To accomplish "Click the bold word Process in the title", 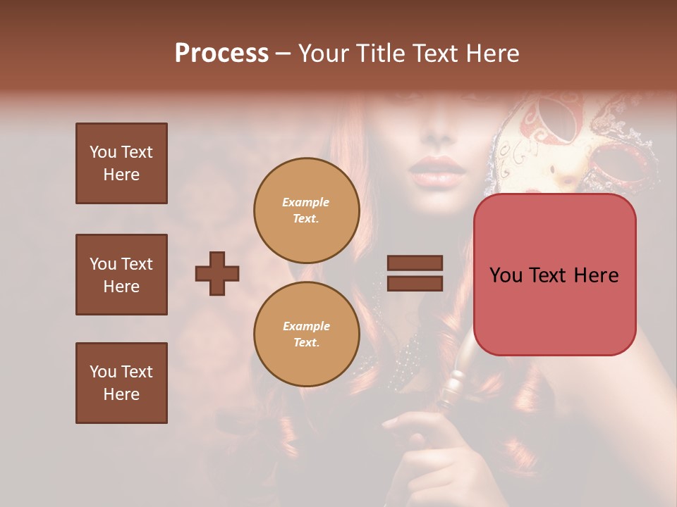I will click(221, 54).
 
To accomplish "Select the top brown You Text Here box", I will click(121, 163).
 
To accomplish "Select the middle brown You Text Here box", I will click(121, 275).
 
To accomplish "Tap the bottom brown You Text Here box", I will click(121, 383).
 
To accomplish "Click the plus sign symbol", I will click(217, 273).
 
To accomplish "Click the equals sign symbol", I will click(415, 273).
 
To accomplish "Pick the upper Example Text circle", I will click(306, 211).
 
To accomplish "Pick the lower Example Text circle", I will click(306, 334).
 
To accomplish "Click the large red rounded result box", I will click(554, 275).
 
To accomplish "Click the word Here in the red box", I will click(596, 275).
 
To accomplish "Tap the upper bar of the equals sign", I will click(415, 263).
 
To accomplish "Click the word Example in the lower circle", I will click(306, 326).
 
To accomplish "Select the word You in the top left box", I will click(103, 152).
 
